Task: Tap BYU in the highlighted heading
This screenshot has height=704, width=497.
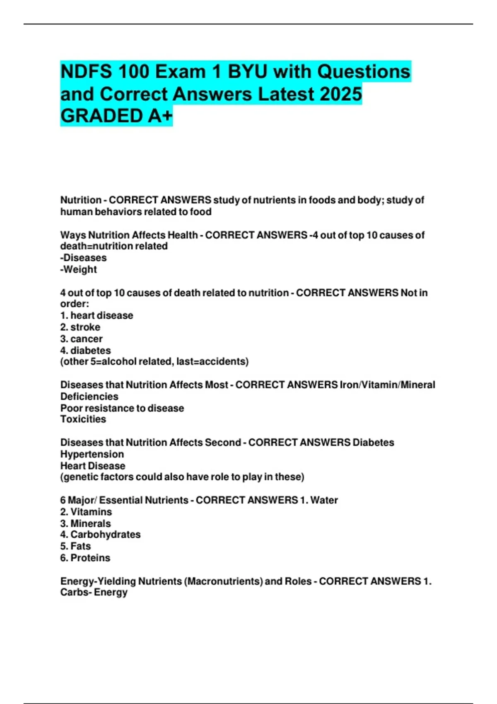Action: (x=248, y=72)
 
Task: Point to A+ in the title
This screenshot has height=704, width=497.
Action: (x=160, y=116)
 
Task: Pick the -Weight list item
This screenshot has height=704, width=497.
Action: (x=79, y=269)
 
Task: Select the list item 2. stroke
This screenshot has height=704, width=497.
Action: (x=80, y=327)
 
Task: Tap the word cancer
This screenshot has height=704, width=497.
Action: (x=86, y=339)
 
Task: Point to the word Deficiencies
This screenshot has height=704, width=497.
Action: (x=89, y=396)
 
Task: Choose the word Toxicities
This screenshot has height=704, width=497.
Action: (x=83, y=419)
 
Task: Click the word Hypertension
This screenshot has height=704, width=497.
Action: (x=92, y=454)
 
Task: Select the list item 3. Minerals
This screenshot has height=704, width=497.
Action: (x=86, y=523)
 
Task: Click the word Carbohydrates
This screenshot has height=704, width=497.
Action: (x=105, y=535)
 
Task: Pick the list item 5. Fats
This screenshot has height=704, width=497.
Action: (x=75, y=546)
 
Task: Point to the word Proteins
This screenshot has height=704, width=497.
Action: (x=90, y=558)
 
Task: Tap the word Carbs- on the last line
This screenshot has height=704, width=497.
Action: (x=76, y=592)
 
